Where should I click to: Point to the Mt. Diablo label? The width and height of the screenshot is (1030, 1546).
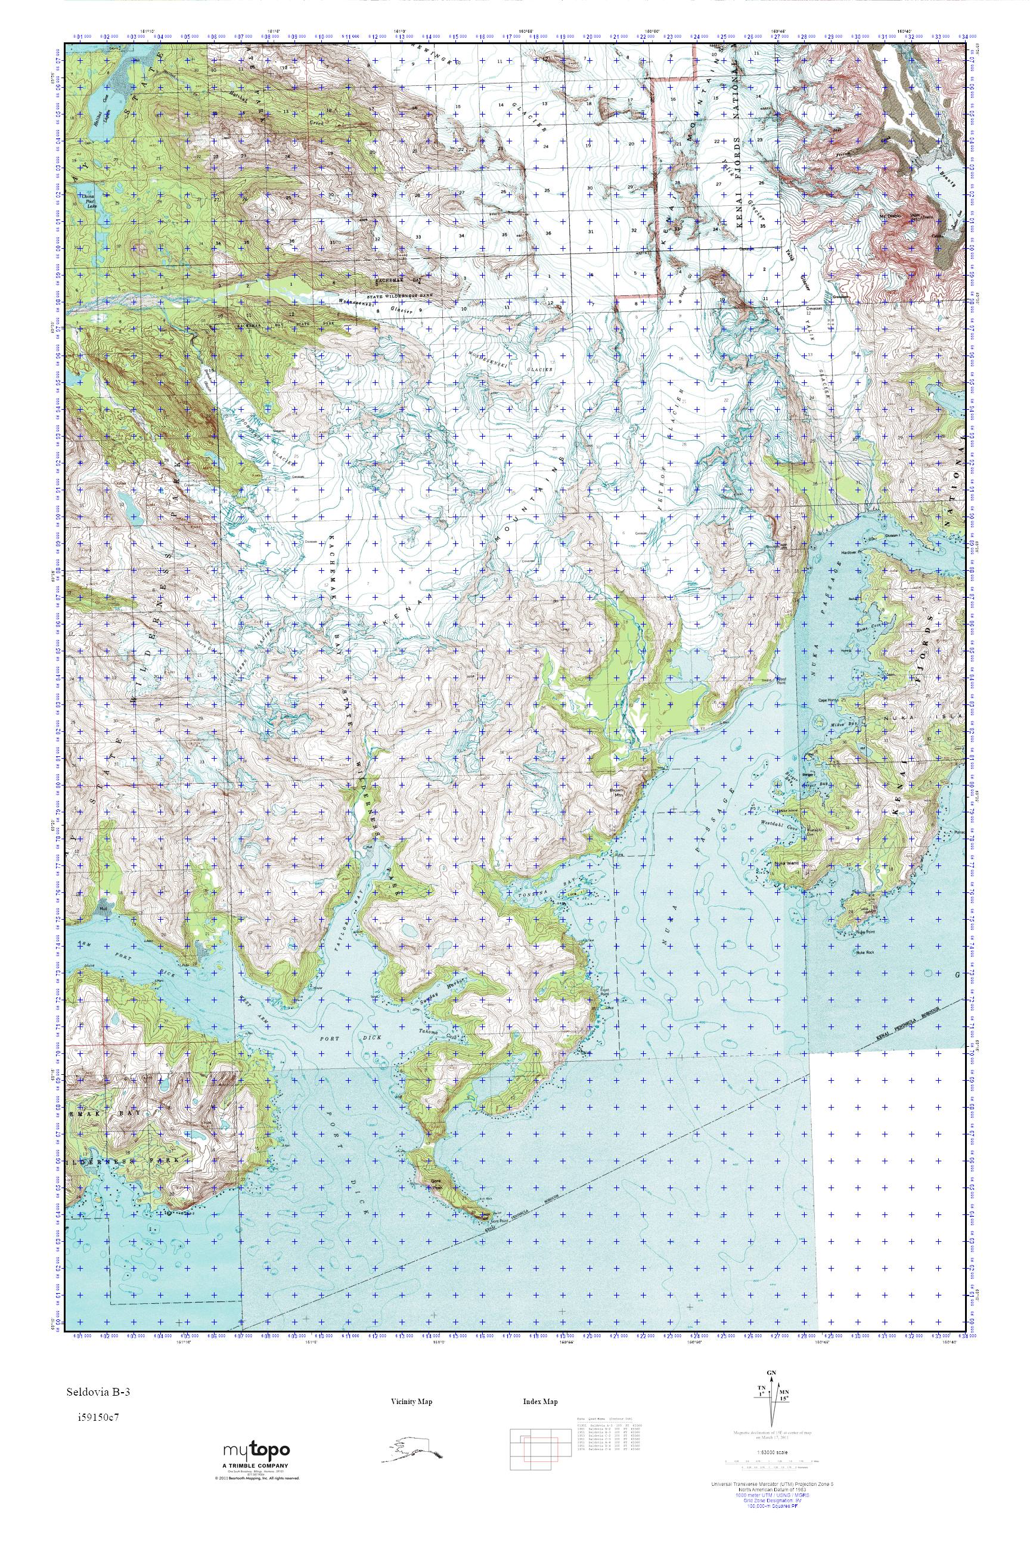[889, 215]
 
